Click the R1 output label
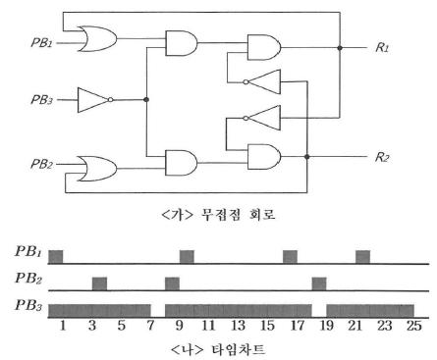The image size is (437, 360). [382, 48]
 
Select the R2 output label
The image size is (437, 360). [382, 157]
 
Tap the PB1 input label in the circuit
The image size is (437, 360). [42, 42]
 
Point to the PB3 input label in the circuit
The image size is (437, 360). [42, 99]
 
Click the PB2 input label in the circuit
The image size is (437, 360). [42, 164]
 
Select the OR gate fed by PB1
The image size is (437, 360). [97, 38]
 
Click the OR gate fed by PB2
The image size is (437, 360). [97, 169]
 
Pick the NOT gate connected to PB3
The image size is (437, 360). [95, 100]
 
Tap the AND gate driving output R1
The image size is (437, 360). [264, 47]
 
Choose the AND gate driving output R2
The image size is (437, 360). [264, 157]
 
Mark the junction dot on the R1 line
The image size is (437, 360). [340, 48]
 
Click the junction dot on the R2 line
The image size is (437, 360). [306, 157]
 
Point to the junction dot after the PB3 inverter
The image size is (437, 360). [146, 99]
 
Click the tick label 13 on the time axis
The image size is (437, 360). [238, 326]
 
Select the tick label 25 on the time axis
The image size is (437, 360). [414, 326]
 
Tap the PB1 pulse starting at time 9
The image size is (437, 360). [187, 257]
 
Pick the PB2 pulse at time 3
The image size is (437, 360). [99, 283]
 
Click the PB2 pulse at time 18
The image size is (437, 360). [319, 283]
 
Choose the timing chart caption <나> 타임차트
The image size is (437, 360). [218, 350]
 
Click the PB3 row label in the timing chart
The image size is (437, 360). [28, 306]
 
